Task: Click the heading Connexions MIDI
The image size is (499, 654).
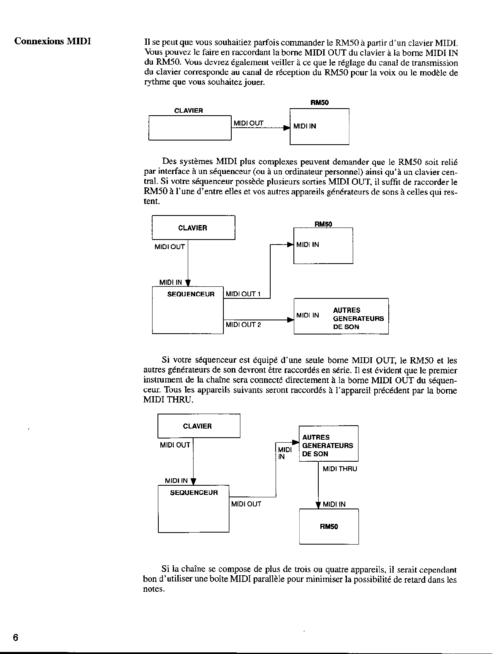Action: coord(52,41)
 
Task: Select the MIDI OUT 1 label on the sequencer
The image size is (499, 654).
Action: coord(243,294)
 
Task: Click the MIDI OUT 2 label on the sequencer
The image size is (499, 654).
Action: coord(243,325)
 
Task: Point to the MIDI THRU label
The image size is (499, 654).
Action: coord(339,469)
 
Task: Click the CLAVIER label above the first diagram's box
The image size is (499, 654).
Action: coord(189,111)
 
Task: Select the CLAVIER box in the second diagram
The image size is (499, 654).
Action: coord(193,228)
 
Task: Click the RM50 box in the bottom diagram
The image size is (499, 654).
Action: coord(329,527)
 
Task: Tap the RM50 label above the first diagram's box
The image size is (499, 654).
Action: coord(320,103)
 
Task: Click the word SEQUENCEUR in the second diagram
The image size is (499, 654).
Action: coord(191,294)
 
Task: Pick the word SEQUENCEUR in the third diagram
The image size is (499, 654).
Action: coord(194,493)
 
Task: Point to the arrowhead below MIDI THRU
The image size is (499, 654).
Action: coord(318,505)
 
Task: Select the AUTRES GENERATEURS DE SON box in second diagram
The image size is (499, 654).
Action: coord(341,316)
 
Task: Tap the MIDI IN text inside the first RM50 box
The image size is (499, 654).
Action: coord(305,126)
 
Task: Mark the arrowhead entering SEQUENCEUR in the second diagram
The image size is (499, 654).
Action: coord(188,283)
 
